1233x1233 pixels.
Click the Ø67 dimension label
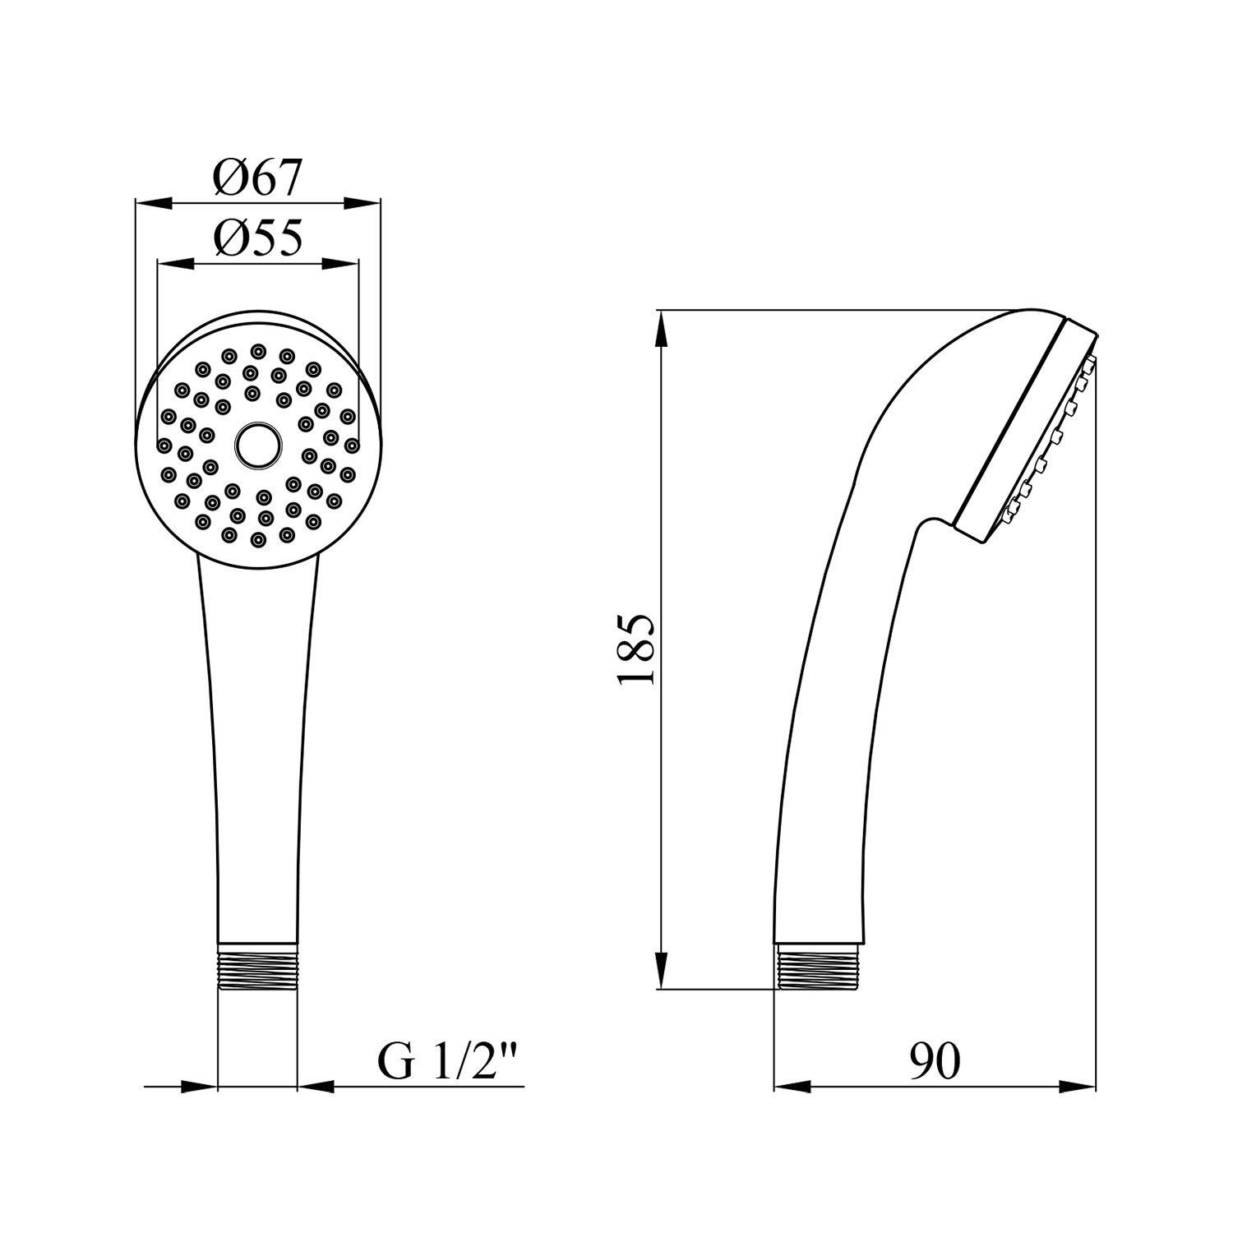pos(258,178)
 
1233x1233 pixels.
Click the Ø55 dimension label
pos(258,238)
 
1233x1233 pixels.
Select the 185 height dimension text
pos(636,649)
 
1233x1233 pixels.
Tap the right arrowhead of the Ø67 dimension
pos(363,202)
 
